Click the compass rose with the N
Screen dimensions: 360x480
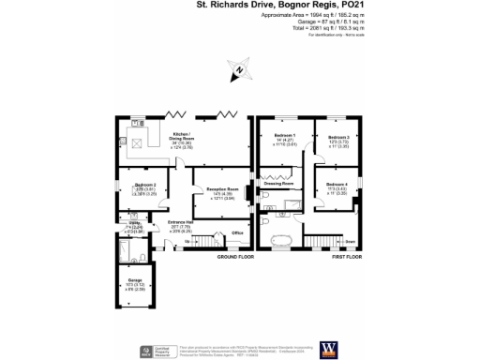point(239,67)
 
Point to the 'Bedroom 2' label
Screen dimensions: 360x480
point(133,185)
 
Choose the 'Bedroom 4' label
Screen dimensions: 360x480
point(337,184)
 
